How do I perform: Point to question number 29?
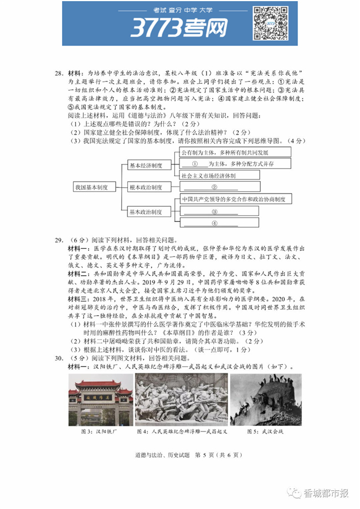[x=59, y=240]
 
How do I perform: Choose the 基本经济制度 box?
[x=146, y=165]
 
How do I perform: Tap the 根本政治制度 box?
[x=146, y=187]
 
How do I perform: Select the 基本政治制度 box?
[x=146, y=212]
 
